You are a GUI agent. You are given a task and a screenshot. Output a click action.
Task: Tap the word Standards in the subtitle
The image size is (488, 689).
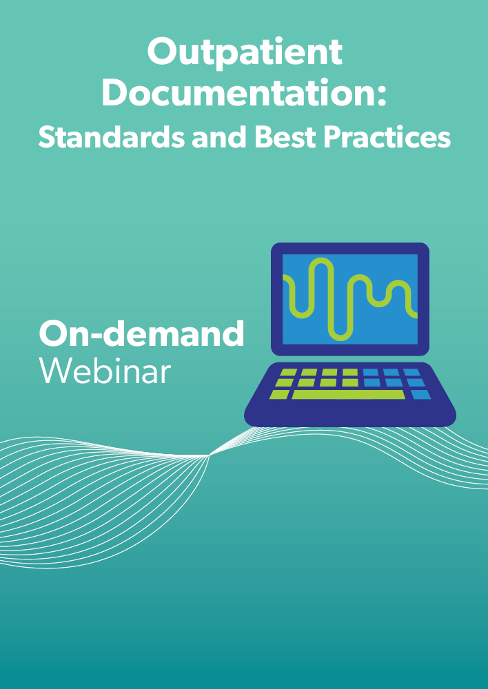click(111, 138)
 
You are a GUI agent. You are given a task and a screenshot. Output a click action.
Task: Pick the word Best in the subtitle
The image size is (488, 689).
click(285, 138)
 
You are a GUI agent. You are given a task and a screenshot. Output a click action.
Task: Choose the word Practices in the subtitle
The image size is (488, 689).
click(387, 138)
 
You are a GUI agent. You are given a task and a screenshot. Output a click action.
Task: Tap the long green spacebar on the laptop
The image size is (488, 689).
click(348, 395)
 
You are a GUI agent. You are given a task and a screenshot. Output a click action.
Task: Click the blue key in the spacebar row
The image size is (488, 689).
click(421, 395)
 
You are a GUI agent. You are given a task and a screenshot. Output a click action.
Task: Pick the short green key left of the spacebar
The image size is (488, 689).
click(279, 395)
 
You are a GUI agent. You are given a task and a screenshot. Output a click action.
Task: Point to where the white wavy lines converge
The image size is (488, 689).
click(210, 455)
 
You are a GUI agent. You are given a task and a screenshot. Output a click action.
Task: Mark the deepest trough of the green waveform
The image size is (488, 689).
click(340, 337)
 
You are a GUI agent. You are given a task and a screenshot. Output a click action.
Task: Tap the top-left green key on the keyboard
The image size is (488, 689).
click(288, 373)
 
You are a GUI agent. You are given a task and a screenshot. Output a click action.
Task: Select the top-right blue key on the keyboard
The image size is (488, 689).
click(411, 373)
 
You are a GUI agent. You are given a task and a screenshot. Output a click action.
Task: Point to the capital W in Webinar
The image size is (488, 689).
click(55, 371)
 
